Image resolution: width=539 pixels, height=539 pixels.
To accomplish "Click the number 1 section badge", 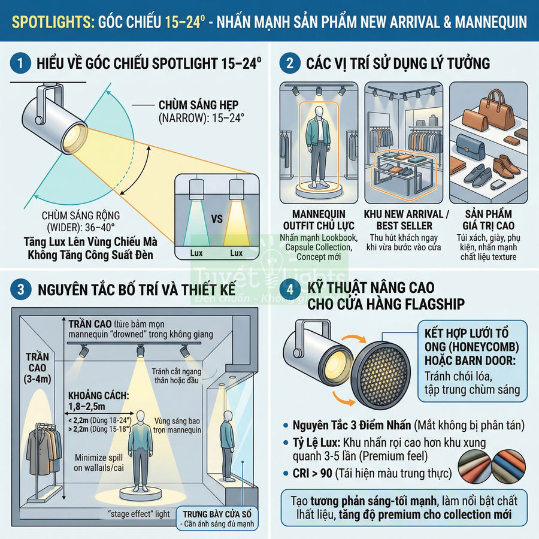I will click(21, 63).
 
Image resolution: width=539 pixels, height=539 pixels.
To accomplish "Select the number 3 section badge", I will click(21, 290).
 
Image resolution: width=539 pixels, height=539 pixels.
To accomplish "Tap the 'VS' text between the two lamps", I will click(216, 219).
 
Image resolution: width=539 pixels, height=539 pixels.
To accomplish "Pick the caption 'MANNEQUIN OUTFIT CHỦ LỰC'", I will click(323, 220).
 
